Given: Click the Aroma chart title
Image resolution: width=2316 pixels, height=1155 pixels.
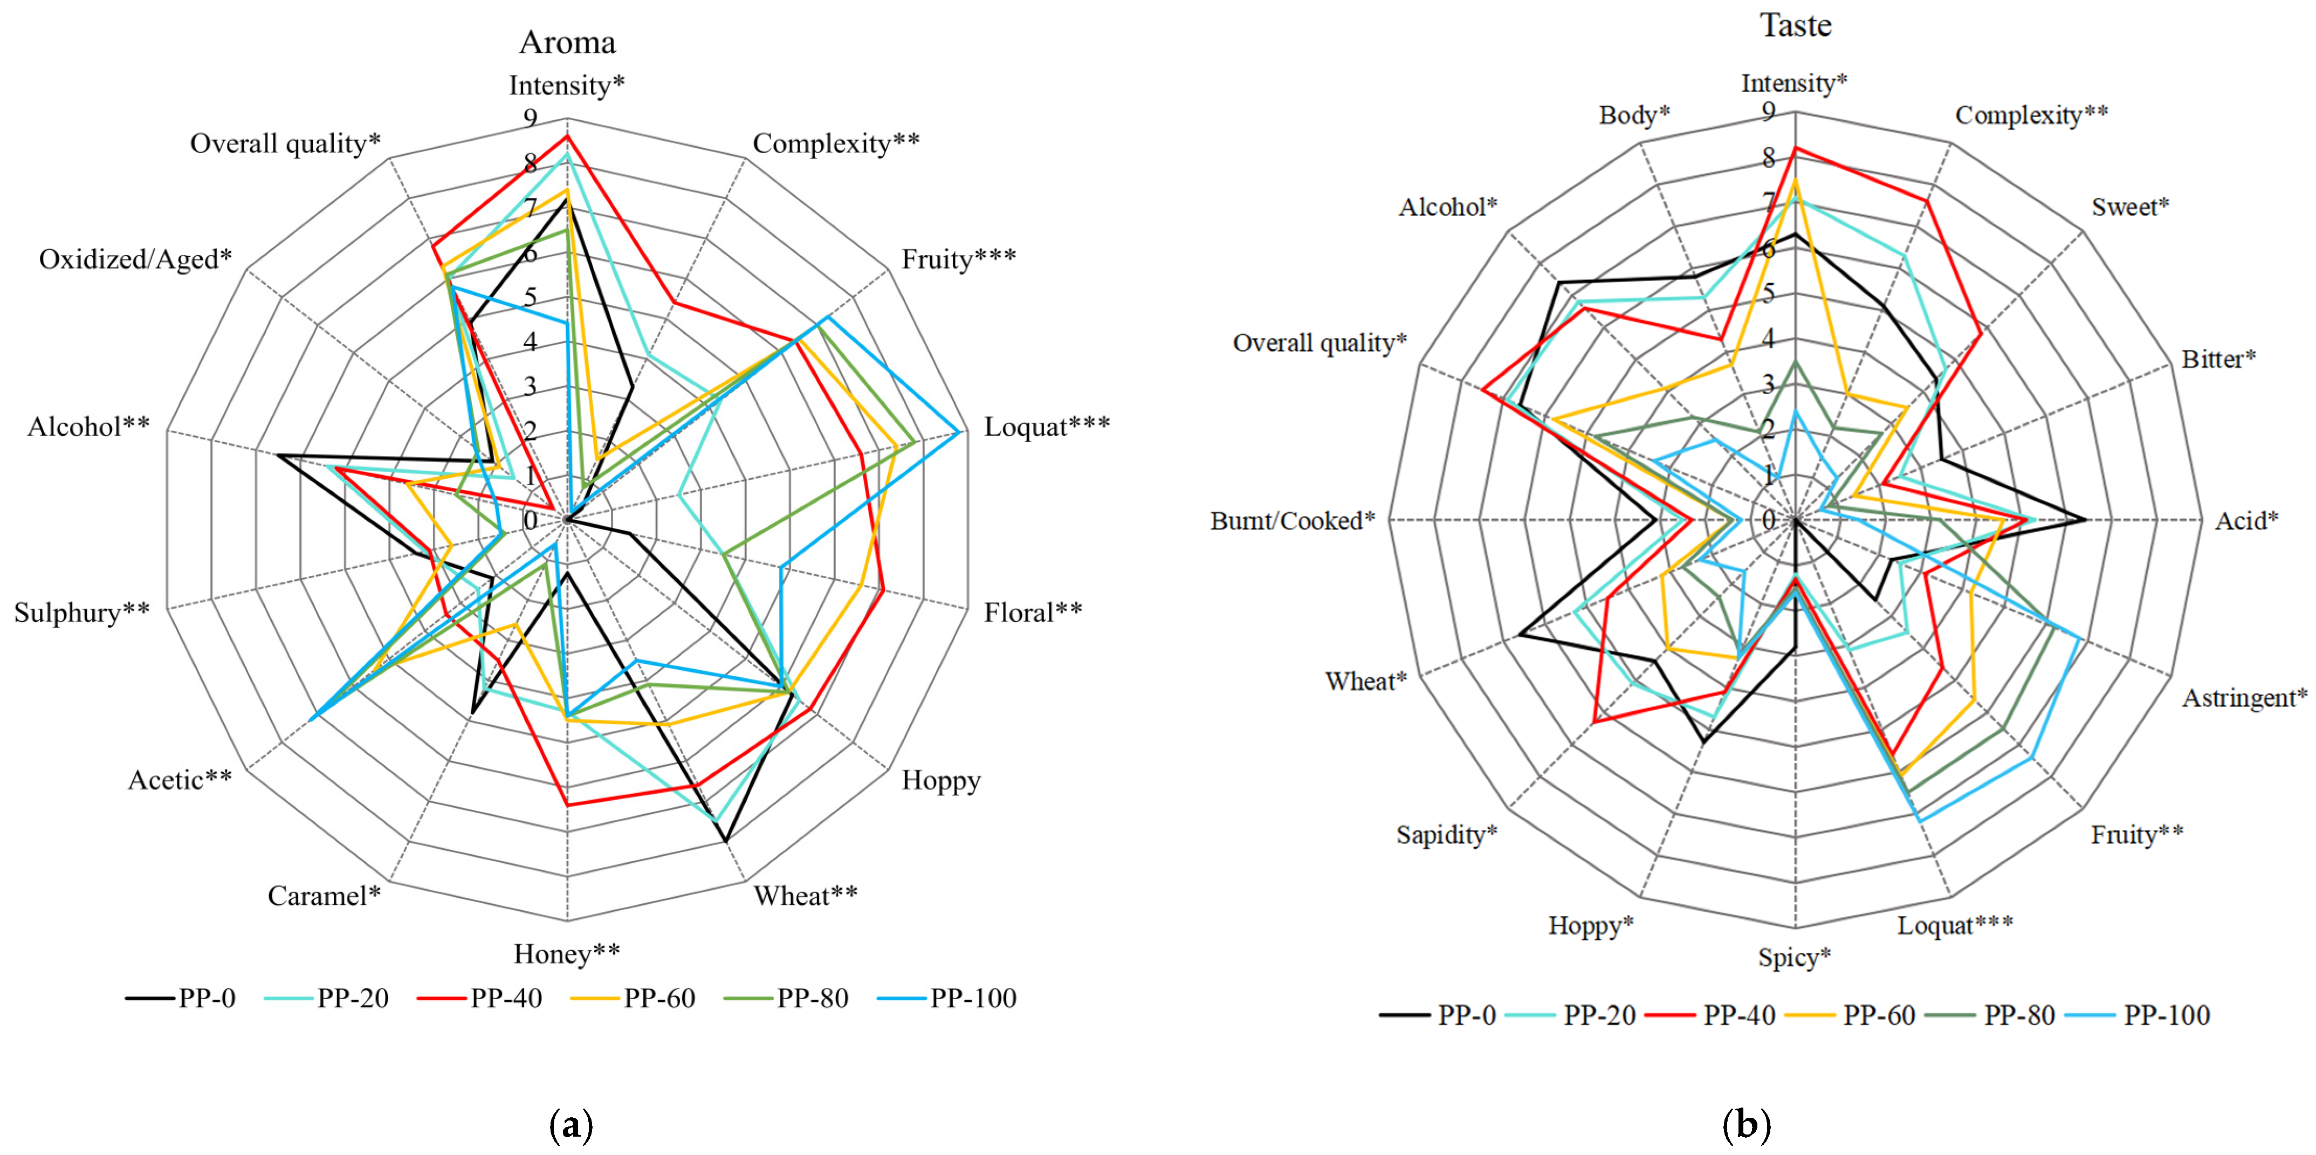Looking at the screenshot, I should (x=567, y=42).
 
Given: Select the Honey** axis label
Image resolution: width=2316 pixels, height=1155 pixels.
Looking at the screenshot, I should (x=566, y=954).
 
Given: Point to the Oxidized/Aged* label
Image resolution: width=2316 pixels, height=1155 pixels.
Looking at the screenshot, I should (x=135, y=260).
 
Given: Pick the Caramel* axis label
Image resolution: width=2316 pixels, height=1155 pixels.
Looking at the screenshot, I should (x=324, y=896).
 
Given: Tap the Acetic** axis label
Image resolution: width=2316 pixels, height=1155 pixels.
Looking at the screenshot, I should (x=180, y=780).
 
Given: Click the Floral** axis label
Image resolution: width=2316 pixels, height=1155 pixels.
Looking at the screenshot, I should (x=1032, y=613).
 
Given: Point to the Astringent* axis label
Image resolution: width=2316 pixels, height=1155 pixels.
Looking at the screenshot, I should (x=2244, y=698).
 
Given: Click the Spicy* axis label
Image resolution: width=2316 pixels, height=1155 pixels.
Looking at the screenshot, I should (x=1793, y=957).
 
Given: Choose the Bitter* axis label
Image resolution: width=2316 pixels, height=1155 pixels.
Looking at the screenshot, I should (x=2218, y=360).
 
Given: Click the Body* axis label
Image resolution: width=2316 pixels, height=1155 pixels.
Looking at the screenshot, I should (x=1634, y=115).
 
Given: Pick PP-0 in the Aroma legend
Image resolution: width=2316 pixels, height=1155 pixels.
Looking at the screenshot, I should (x=206, y=999).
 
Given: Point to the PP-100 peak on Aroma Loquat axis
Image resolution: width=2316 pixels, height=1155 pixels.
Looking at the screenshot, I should (x=960, y=432).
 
